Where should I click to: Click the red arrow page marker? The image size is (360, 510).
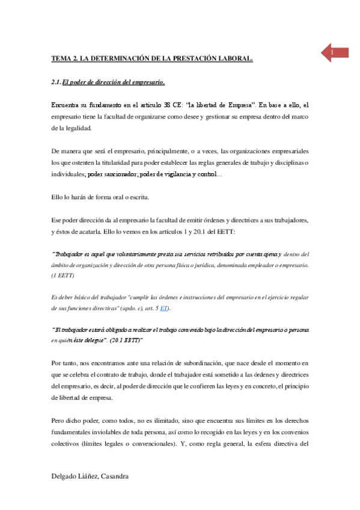tap(333, 53)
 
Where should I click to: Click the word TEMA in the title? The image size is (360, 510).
tap(60, 59)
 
